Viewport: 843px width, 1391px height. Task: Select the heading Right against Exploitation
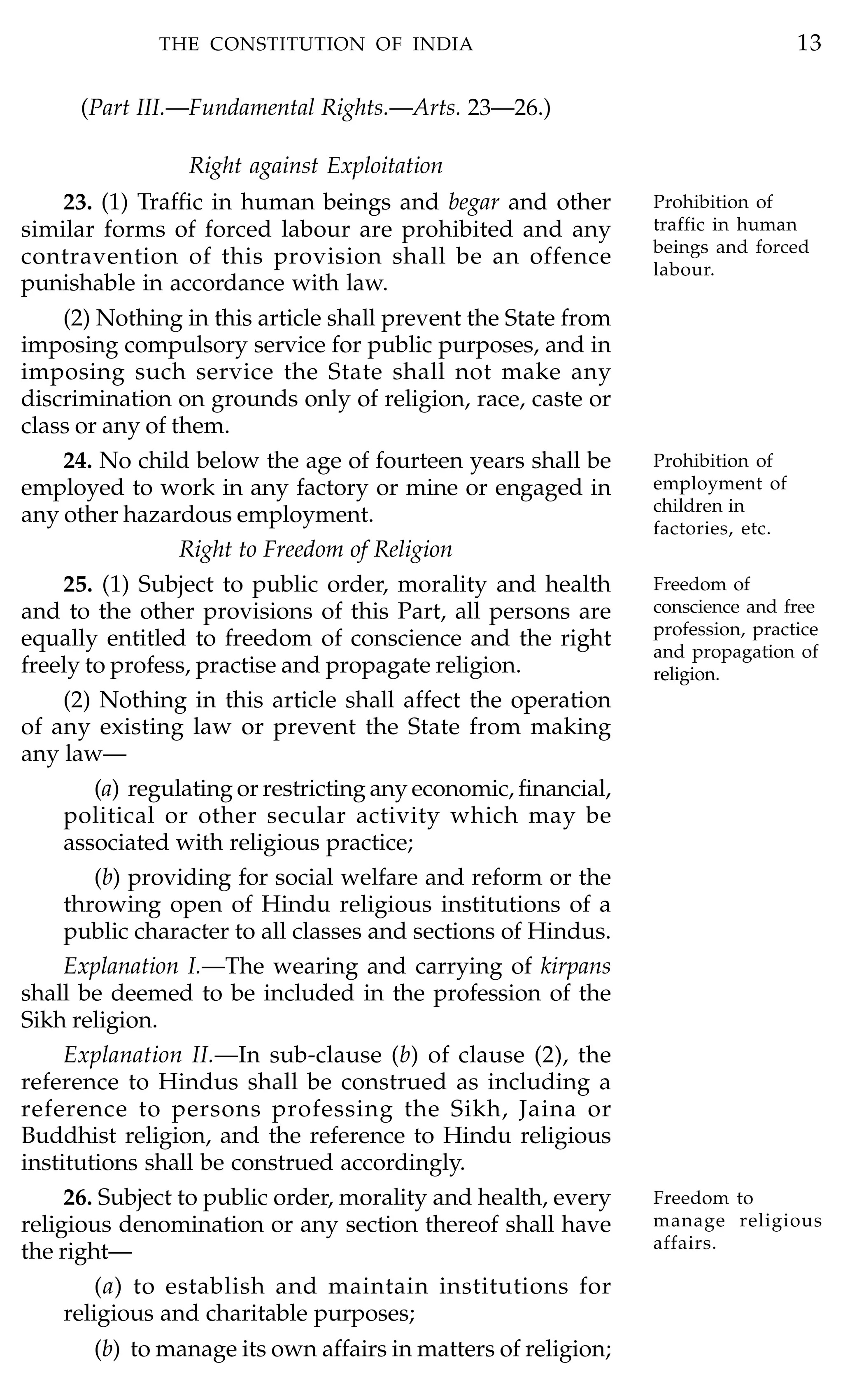[315, 166]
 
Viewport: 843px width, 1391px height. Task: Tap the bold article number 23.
[77, 202]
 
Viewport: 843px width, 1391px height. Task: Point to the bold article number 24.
[77, 461]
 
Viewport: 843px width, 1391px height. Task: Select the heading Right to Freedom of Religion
[315, 549]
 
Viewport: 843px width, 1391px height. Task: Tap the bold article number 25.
[77, 584]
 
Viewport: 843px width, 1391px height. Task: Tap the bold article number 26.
[77, 1198]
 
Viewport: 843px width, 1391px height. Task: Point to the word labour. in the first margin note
[684, 270]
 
